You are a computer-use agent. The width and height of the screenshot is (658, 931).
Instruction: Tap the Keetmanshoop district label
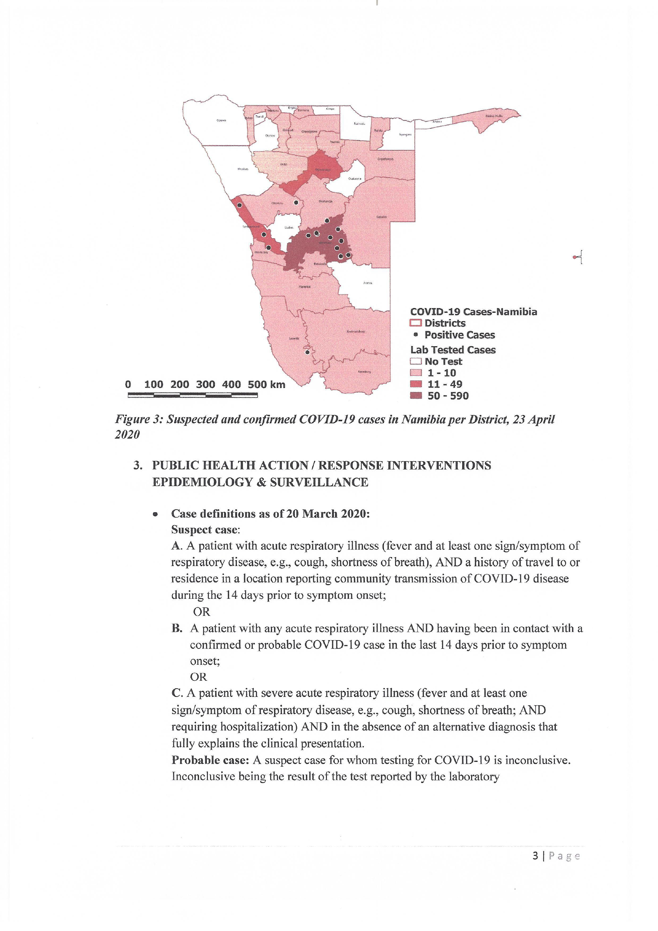pyautogui.click(x=356, y=331)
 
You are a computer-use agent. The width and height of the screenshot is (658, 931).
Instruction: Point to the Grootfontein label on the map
pyautogui.click(x=385, y=159)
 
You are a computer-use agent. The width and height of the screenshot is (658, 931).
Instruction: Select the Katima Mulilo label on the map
pyautogui.click(x=494, y=116)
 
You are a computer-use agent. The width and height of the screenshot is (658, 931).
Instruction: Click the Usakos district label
pyautogui.click(x=289, y=228)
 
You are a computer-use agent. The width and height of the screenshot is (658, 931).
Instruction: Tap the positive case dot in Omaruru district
pyautogui.click(x=296, y=202)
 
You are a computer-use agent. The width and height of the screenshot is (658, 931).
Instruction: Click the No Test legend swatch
pyautogui.click(x=416, y=361)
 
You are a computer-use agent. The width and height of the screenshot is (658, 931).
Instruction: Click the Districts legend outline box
pyautogui.click(x=416, y=323)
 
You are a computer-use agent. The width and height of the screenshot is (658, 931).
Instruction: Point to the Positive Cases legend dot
pyautogui.click(x=415, y=335)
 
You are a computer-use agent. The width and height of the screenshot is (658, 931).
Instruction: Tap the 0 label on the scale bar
pyautogui.click(x=128, y=384)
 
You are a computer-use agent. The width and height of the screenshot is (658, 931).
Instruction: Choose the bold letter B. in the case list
pyautogui.click(x=177, y=628)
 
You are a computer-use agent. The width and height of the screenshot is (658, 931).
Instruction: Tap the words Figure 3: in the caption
pyautogui.click(x=139, y=419)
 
